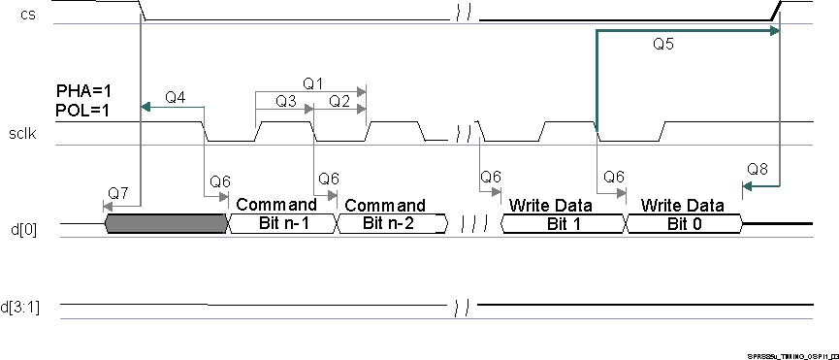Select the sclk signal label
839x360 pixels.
pos(23,135)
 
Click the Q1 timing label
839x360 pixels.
pos(312,83)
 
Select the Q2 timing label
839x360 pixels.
pos(339,101)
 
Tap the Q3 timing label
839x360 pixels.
pos(285,101)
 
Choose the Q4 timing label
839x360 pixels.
pos(176,97)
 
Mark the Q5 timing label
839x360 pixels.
pos(663,44)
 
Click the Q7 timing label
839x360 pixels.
pos(118,193)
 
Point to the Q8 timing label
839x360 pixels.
pos(758,169)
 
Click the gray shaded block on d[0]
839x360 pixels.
pos(165,224)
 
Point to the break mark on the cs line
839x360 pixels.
pos(461,17)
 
